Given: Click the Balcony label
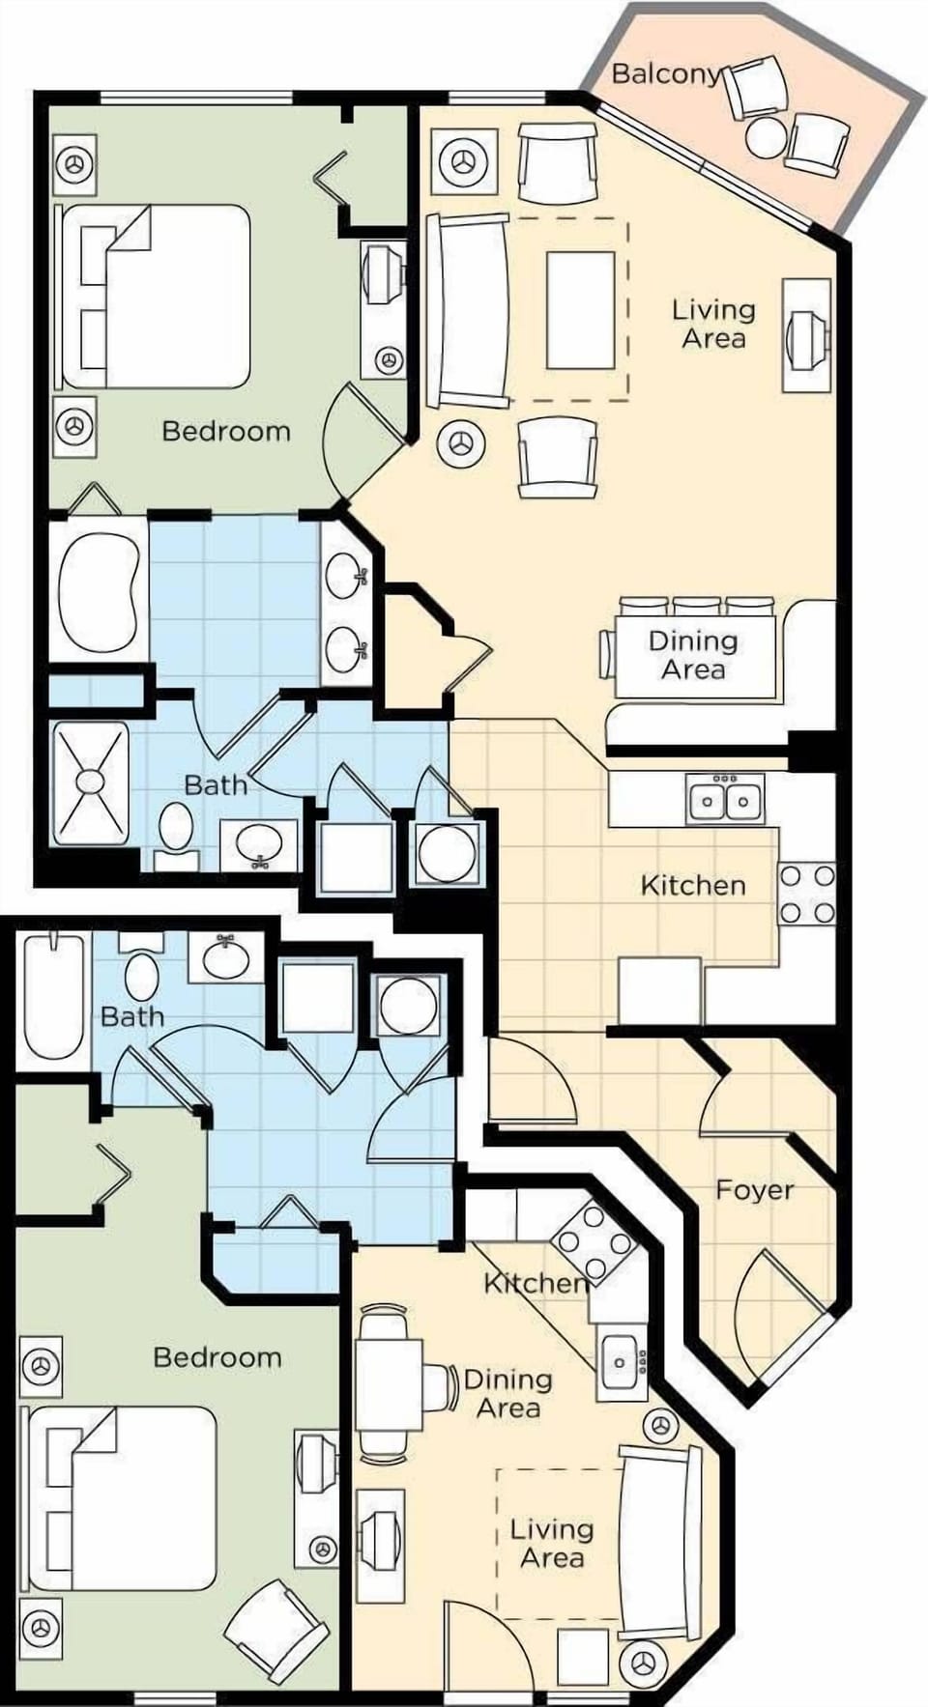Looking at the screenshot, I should (x=666, y=73).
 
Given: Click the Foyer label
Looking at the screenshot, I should (x=754, y=1189).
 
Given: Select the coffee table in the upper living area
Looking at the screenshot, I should (x=580, y=310).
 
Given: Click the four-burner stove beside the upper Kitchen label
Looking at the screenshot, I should (x=807, y=895).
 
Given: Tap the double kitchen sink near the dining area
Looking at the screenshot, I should (x=725, y=799).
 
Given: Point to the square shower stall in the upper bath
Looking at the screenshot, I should (x=90, y=782).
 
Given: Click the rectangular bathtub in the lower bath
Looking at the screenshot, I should (x=53, y=995).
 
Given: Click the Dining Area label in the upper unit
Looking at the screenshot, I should (x=692, y=655).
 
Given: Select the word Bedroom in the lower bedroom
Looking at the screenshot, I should (x=217, y=1357).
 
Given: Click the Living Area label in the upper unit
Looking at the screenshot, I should (x=713, y=324).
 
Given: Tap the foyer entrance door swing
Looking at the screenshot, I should (x=773, y=1304).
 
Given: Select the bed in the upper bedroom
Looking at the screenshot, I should (x=155, y=296).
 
